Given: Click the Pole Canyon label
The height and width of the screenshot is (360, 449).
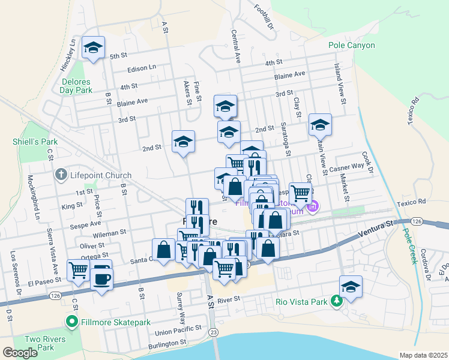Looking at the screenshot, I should tap(351, 45).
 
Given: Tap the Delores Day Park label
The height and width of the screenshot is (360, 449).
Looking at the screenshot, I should tap(76, 86).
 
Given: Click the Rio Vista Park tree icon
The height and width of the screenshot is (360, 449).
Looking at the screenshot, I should tap(338, 302).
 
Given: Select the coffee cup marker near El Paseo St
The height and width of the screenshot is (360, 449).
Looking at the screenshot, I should tap(101, 278).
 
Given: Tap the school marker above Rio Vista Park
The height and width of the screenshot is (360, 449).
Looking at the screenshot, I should tap(351, 286).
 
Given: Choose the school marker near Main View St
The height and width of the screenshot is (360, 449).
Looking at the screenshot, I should tap(320, 124).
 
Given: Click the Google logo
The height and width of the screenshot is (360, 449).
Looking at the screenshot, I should tap(20, 353).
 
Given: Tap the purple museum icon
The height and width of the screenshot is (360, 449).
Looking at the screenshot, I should tap(312, 208).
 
